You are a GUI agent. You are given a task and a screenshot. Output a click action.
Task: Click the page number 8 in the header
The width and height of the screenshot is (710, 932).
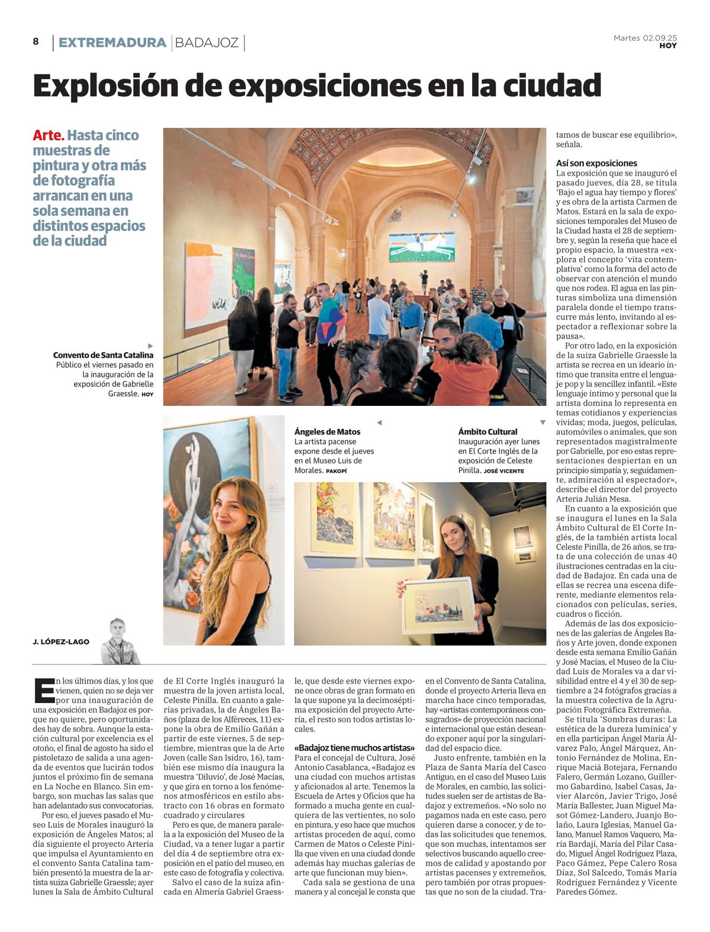click(36, 41)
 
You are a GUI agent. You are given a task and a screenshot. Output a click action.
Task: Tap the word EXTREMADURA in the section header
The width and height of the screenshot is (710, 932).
click(112, 43)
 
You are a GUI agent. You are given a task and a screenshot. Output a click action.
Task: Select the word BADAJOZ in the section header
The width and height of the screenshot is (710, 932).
click(207, 43)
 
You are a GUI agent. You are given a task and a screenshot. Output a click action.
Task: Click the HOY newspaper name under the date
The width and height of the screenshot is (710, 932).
click(668, 46)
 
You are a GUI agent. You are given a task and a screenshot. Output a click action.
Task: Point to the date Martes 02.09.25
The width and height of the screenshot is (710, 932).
click(645, 38)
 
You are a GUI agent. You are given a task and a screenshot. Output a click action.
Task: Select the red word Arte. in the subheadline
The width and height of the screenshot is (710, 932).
click(48, 136)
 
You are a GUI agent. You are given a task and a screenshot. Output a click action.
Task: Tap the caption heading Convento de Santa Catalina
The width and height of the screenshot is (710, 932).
click(103, 355)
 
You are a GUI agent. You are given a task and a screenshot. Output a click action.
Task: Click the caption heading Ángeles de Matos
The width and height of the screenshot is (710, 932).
click(327, 432)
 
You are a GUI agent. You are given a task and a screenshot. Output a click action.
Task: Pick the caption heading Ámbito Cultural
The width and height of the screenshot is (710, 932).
click(488, 432)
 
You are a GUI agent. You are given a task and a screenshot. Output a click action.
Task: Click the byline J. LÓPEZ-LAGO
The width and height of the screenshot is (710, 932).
click(61, 641)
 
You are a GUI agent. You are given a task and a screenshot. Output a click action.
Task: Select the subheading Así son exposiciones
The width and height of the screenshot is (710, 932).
click(596, 163)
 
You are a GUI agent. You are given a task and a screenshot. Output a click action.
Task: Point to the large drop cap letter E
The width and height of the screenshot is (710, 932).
click(44, 691)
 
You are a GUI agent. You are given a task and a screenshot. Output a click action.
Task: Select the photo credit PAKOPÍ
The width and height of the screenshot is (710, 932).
click(336, 471)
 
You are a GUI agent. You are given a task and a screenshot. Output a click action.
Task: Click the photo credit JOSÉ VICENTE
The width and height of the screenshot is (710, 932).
click(504, 471)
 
